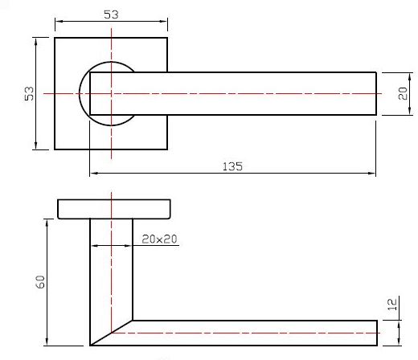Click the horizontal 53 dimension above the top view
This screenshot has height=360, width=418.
(111, 14)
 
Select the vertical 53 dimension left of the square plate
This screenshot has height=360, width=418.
(30, 93)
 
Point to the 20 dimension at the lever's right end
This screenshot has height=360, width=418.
(403, 93)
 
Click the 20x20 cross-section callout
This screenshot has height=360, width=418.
(159, 239)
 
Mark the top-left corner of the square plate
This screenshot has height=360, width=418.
(55, 37)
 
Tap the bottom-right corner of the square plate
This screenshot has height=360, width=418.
(169, 149)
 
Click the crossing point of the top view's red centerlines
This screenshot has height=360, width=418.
(111, 93)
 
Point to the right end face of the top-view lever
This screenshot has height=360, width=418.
(377, 93)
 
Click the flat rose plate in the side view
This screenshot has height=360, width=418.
(113, 209)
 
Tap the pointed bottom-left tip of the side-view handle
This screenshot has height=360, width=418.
(90, 346)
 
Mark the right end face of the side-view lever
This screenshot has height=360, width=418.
(377, 332)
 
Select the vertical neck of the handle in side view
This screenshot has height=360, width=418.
(111, 265)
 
